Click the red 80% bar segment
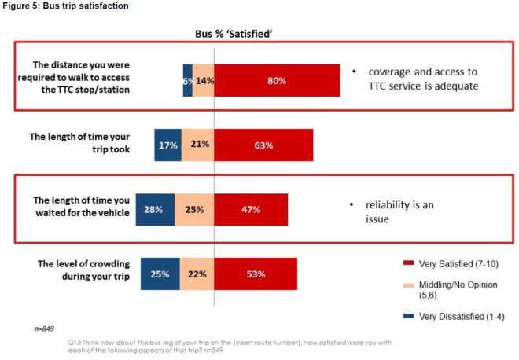pos(277,79)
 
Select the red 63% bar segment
pos(263,145)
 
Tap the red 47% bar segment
pos(251,210)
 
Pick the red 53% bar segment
pos(256,274)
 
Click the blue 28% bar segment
pos(155,210)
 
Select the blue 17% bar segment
pos(167,145)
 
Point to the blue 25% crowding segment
pos(160,274)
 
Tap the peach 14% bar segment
pos(204,79)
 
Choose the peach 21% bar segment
pos(197,145)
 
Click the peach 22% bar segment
pos(197,274)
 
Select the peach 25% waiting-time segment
pos(194,210)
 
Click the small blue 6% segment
pos(188,79)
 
